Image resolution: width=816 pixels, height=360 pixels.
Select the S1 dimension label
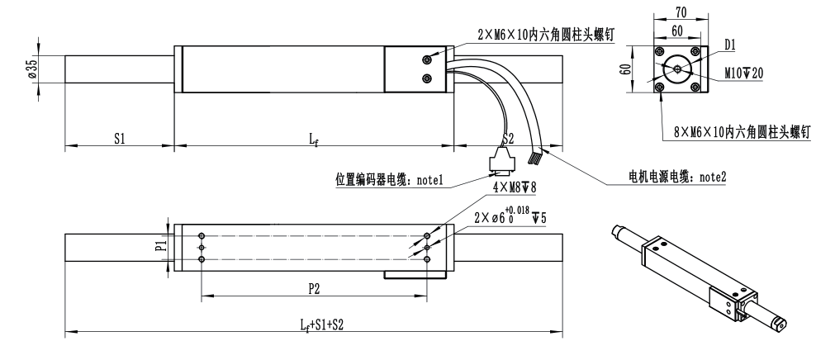coord(120,140)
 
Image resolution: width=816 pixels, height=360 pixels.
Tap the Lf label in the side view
coord(315,140)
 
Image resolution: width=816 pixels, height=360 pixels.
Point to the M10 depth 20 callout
coord(743,73)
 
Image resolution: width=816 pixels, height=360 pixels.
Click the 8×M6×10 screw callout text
coord(739,130)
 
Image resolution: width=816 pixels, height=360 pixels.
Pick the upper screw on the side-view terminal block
coord(427,60)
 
